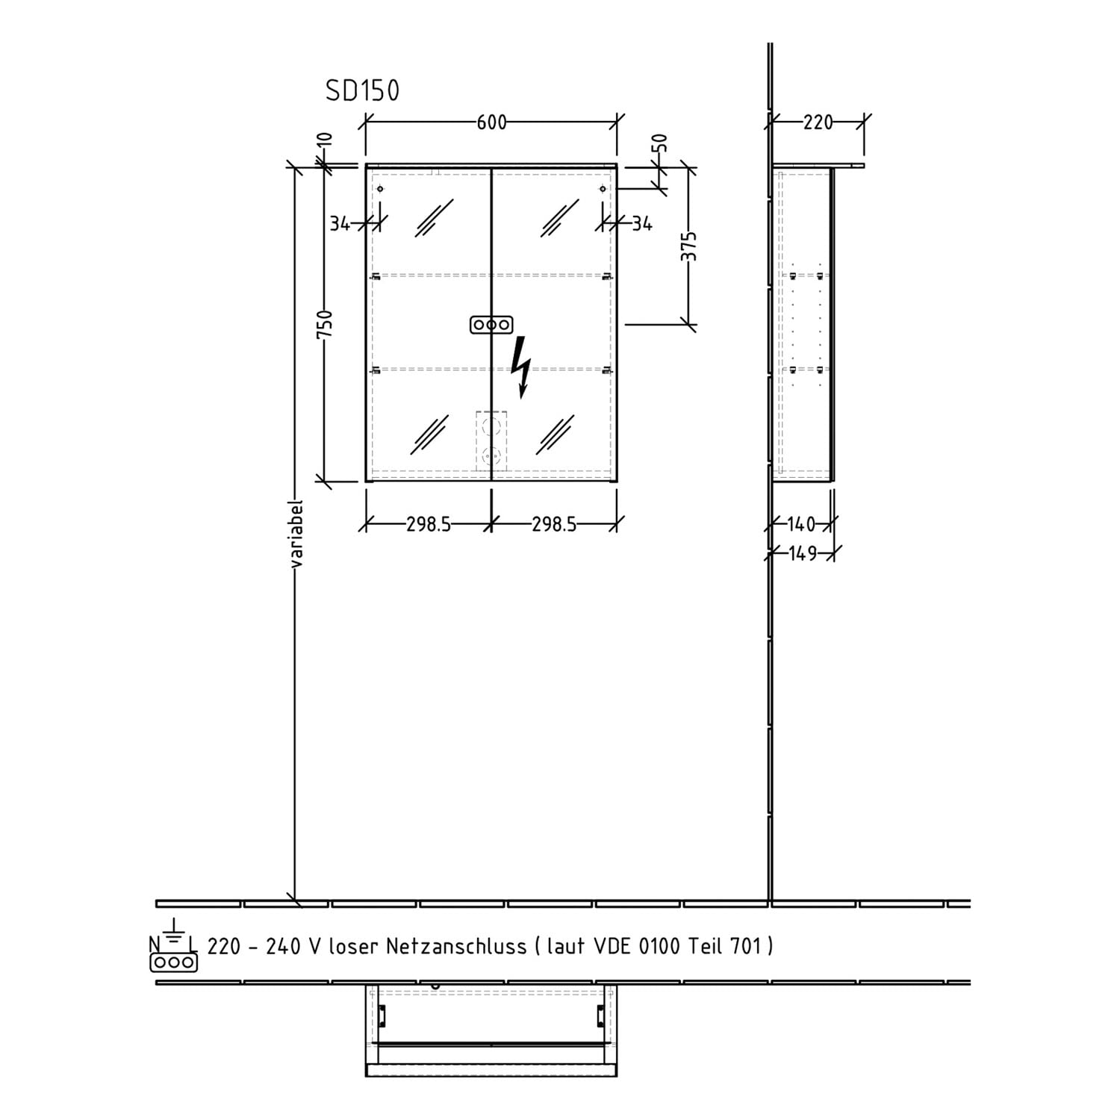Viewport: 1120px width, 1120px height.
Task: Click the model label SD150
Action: (362, 90)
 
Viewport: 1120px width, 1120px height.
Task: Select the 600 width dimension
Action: (491, 122)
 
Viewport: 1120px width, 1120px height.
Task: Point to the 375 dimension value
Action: (688, 246)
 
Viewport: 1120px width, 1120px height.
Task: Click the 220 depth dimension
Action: (818, 122)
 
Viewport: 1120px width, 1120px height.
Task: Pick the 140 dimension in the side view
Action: (801, 524)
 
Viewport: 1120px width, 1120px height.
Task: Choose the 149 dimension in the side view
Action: (803, 553)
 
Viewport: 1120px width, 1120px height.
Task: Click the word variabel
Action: (296, 533)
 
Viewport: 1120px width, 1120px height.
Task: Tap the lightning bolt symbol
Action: (522, 367)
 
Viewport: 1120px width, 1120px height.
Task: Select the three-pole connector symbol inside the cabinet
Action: (491, 325)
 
